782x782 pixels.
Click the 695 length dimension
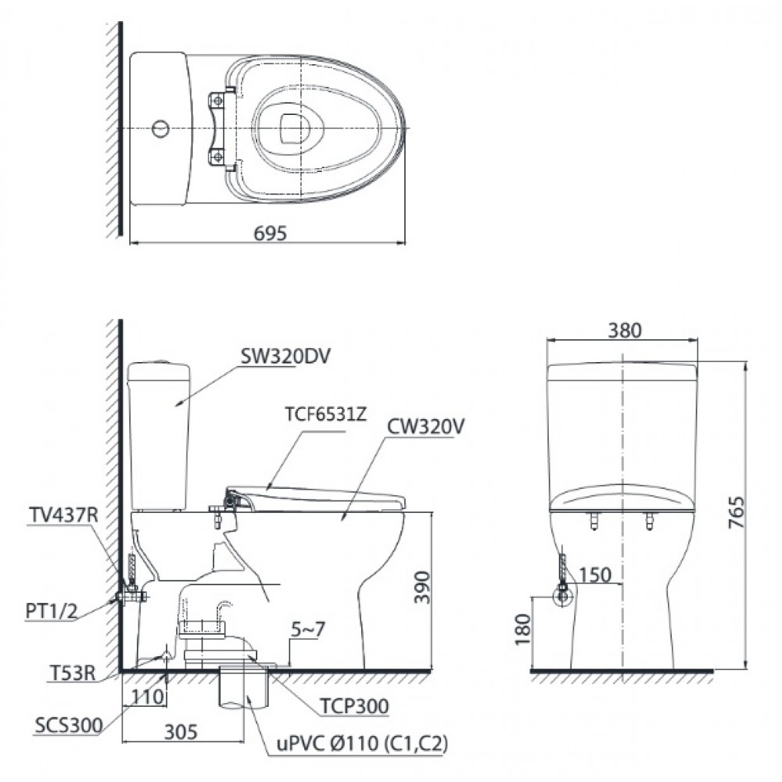(x=271, y=233)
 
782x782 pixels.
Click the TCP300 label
(x=354, y=706)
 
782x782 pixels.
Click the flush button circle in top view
(x=160, y=127)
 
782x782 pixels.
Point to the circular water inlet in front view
(x=561, y=597)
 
